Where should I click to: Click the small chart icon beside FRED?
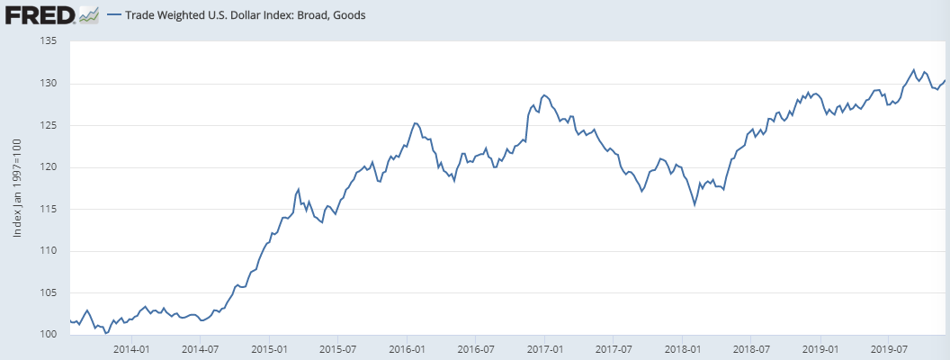click(x=89, y=15)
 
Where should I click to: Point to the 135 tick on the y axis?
click(x=49, y=41)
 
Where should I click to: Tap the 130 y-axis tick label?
click(x=49, y=84)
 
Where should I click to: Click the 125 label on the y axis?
click(x=49, y=125)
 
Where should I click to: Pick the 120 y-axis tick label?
click(x=49, y=167)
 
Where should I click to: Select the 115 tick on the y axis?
click(x=49, y=209)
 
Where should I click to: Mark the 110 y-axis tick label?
click(x=49, y=251)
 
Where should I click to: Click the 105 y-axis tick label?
click(x=49, y=292)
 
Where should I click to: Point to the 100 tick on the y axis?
click(x=49, y=335)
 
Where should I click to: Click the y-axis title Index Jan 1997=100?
click(x=18, y=188)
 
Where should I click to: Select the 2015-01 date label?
click(x=269, y=348)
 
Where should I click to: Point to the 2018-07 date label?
click(x=750, y=348)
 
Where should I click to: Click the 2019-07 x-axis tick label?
click(x=888, y=348)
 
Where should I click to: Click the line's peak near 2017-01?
click(x=543, y=94)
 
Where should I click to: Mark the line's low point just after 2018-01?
click(x=695, y=205)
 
